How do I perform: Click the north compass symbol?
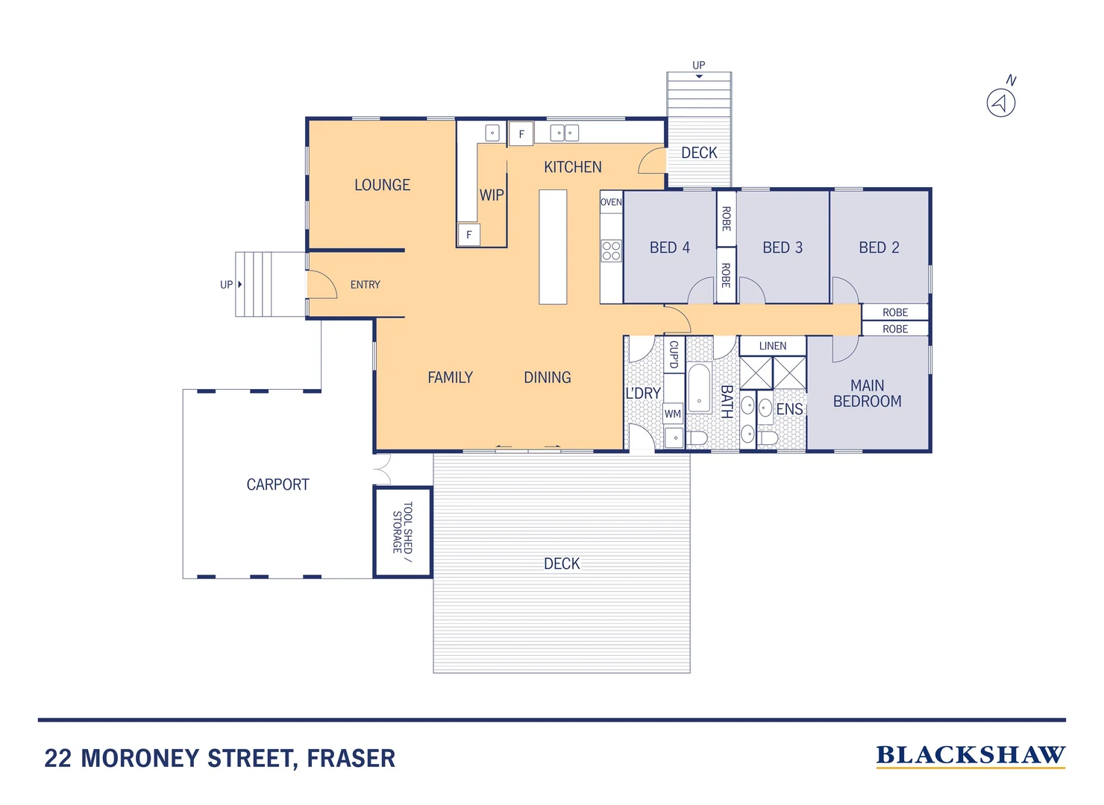(x=1001, y=102)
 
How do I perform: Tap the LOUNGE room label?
(x=382, y=185)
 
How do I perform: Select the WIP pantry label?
(x=492, y=195)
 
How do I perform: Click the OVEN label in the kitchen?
(x=611, y=202)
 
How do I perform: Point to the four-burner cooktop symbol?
(x=611, y=250)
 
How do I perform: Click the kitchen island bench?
(x=553, y=247)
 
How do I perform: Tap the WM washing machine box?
(x=673, y=414)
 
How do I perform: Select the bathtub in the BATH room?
(x=699, y=388)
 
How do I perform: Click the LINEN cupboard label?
(x=773, y=346)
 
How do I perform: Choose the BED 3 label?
(x=782, y=247)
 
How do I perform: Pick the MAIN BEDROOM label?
(x=867, y=394)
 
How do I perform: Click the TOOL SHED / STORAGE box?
(x=403, y=532)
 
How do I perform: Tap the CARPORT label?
(x=277, y=484)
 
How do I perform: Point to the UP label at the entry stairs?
(x=226, y=285)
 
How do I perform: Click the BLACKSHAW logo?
(x=970, y=756)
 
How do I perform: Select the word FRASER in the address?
(x=351, y=759)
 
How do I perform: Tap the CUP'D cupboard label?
(x=674, y=355)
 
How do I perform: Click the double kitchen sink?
(x=564, y=133)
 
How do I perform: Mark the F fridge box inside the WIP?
(x=469, y=235)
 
